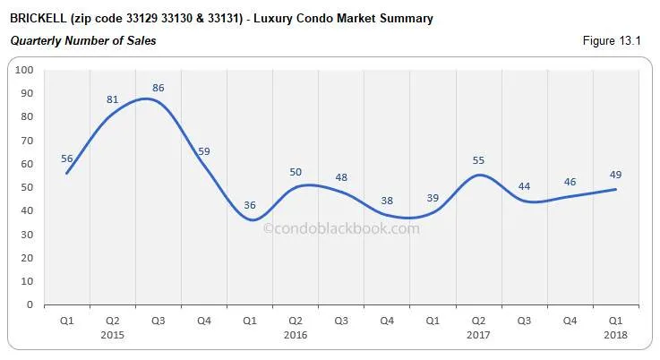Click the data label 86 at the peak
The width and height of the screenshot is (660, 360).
(x=159, y=89)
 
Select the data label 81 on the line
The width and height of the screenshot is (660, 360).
(x=113, y=99)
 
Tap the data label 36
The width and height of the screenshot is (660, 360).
(x=250, y=205)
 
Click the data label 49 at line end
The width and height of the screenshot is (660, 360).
(x=615, y=174)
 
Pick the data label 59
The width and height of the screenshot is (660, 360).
(x=204, y=151)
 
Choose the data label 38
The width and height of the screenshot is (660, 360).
(x=387, y=201)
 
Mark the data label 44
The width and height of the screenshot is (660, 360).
(x=524, y=186)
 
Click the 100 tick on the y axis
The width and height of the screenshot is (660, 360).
(x=25, y=70)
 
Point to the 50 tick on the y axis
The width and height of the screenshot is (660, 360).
(x=28, y=187)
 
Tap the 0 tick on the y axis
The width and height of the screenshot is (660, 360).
(x=30, y=304)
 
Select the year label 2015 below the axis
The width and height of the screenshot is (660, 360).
(x=113, y=335)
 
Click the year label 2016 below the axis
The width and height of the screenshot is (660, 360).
(x=296, y=335)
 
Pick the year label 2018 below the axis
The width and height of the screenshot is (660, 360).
(x=615, y=335)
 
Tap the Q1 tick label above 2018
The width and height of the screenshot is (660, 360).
(x=615, y=321)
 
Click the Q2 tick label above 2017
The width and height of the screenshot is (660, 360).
(x=478, y=321)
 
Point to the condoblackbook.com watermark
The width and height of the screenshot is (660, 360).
(x=340, y=228)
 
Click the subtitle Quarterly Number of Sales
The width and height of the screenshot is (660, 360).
(x=82, y=39)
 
